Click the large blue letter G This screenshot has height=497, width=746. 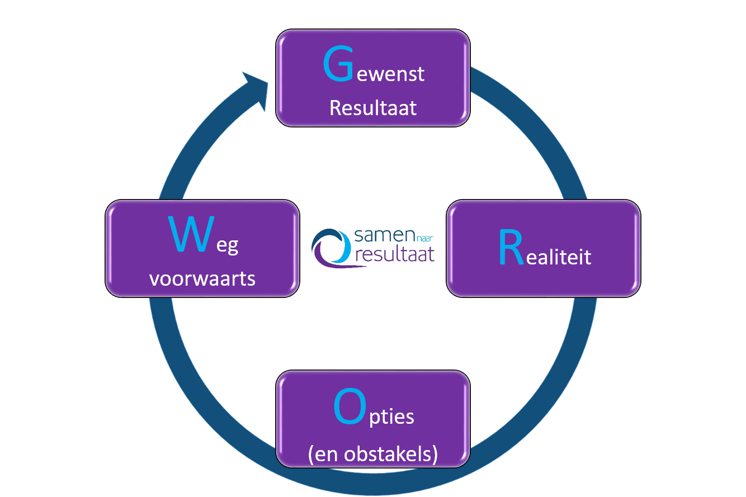click(x=338, y=65)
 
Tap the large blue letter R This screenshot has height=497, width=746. click(x=510, y=250)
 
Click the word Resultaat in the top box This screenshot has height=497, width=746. click(x=373, y=107)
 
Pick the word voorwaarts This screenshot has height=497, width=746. click(x=202, y=278)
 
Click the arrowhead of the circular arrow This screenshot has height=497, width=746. click(x=256, y=88)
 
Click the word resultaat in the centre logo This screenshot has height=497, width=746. click(x=394, y=255)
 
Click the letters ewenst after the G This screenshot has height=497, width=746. click(x=391, y=73)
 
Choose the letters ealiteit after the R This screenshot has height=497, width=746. click(x=558, y=257)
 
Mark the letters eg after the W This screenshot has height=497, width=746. click(x=228, y=245)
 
